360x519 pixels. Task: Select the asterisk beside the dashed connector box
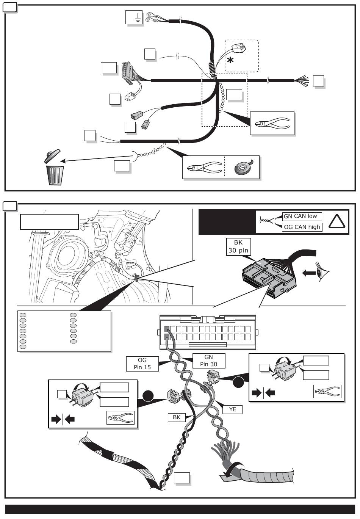pyautogui.click(x=230, y=60)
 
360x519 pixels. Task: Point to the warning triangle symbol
pyautogui.click(x=337, y=221)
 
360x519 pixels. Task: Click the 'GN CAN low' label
pyautogui.click(x=302, y=216)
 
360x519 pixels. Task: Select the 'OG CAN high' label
pyautogui.click(x=302, y=227)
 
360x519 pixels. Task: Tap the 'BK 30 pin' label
pyautogui.click(x=238, y=246)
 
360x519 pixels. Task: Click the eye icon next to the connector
pyautogui.click(x=324, y=272)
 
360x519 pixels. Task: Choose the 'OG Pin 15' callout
pyautogui.click(x=142, y=364)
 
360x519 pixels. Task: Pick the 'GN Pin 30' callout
pyautogui.click(x=209, y=361)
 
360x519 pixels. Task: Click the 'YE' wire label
pyautogui.click(x=232, y=409)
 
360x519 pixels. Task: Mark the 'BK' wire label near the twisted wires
pyautogui.click(x=177, y=417)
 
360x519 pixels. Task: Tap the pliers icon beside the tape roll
pyautogui.click(x=203, y=167)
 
